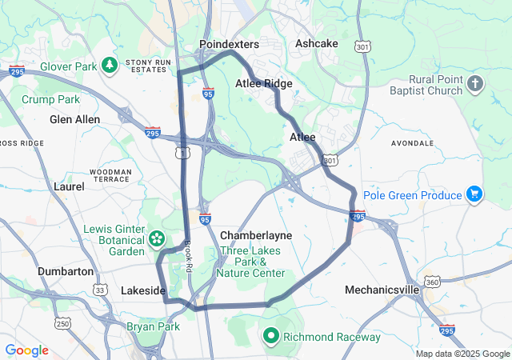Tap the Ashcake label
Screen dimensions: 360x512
(x=317, y=43)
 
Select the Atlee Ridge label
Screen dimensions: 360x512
(x=263, y=83)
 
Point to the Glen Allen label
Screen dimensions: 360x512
(x=75, y=119)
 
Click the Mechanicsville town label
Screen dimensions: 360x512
(x=382, y=289)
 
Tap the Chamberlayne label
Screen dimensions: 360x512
(x=256, y=235)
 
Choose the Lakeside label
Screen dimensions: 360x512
(x=143, y=290)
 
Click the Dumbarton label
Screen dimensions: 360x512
(x=66, y=271)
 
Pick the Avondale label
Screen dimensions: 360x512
(x=413, y=143)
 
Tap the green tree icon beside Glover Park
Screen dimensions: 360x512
(x=109, y=65)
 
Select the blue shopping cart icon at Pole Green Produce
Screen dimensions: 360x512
(x=475, y=194)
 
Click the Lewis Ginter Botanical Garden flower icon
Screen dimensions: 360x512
(x=157, y=238)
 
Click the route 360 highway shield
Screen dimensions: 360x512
(x=433, y=282)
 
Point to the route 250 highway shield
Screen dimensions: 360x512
(x=62, y=323)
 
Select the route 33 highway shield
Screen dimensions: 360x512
(x=98, y=289)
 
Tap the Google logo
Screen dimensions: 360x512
(x=26, y=350)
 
